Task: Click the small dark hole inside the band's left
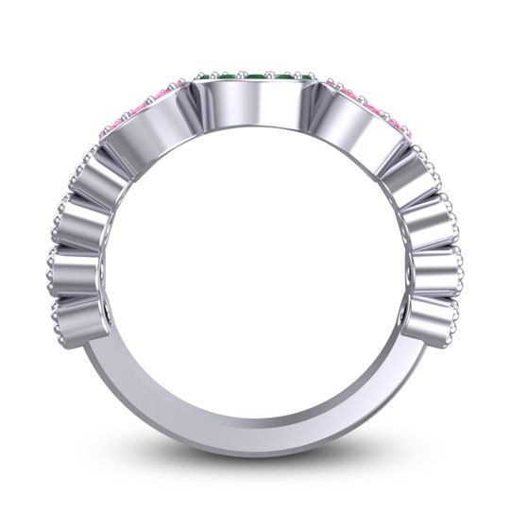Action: (112, 311)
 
